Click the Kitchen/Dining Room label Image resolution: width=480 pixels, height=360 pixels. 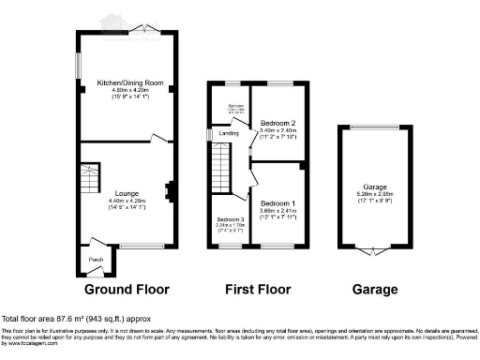click(130, 83)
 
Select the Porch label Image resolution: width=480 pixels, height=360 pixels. click(95, 259)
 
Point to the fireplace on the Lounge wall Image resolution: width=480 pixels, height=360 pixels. click(169, 191)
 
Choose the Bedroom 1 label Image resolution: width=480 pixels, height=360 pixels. click(277, 203)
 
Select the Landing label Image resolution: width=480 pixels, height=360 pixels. click(228, 134)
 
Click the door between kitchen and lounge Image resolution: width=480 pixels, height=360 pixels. click(160, 138)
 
